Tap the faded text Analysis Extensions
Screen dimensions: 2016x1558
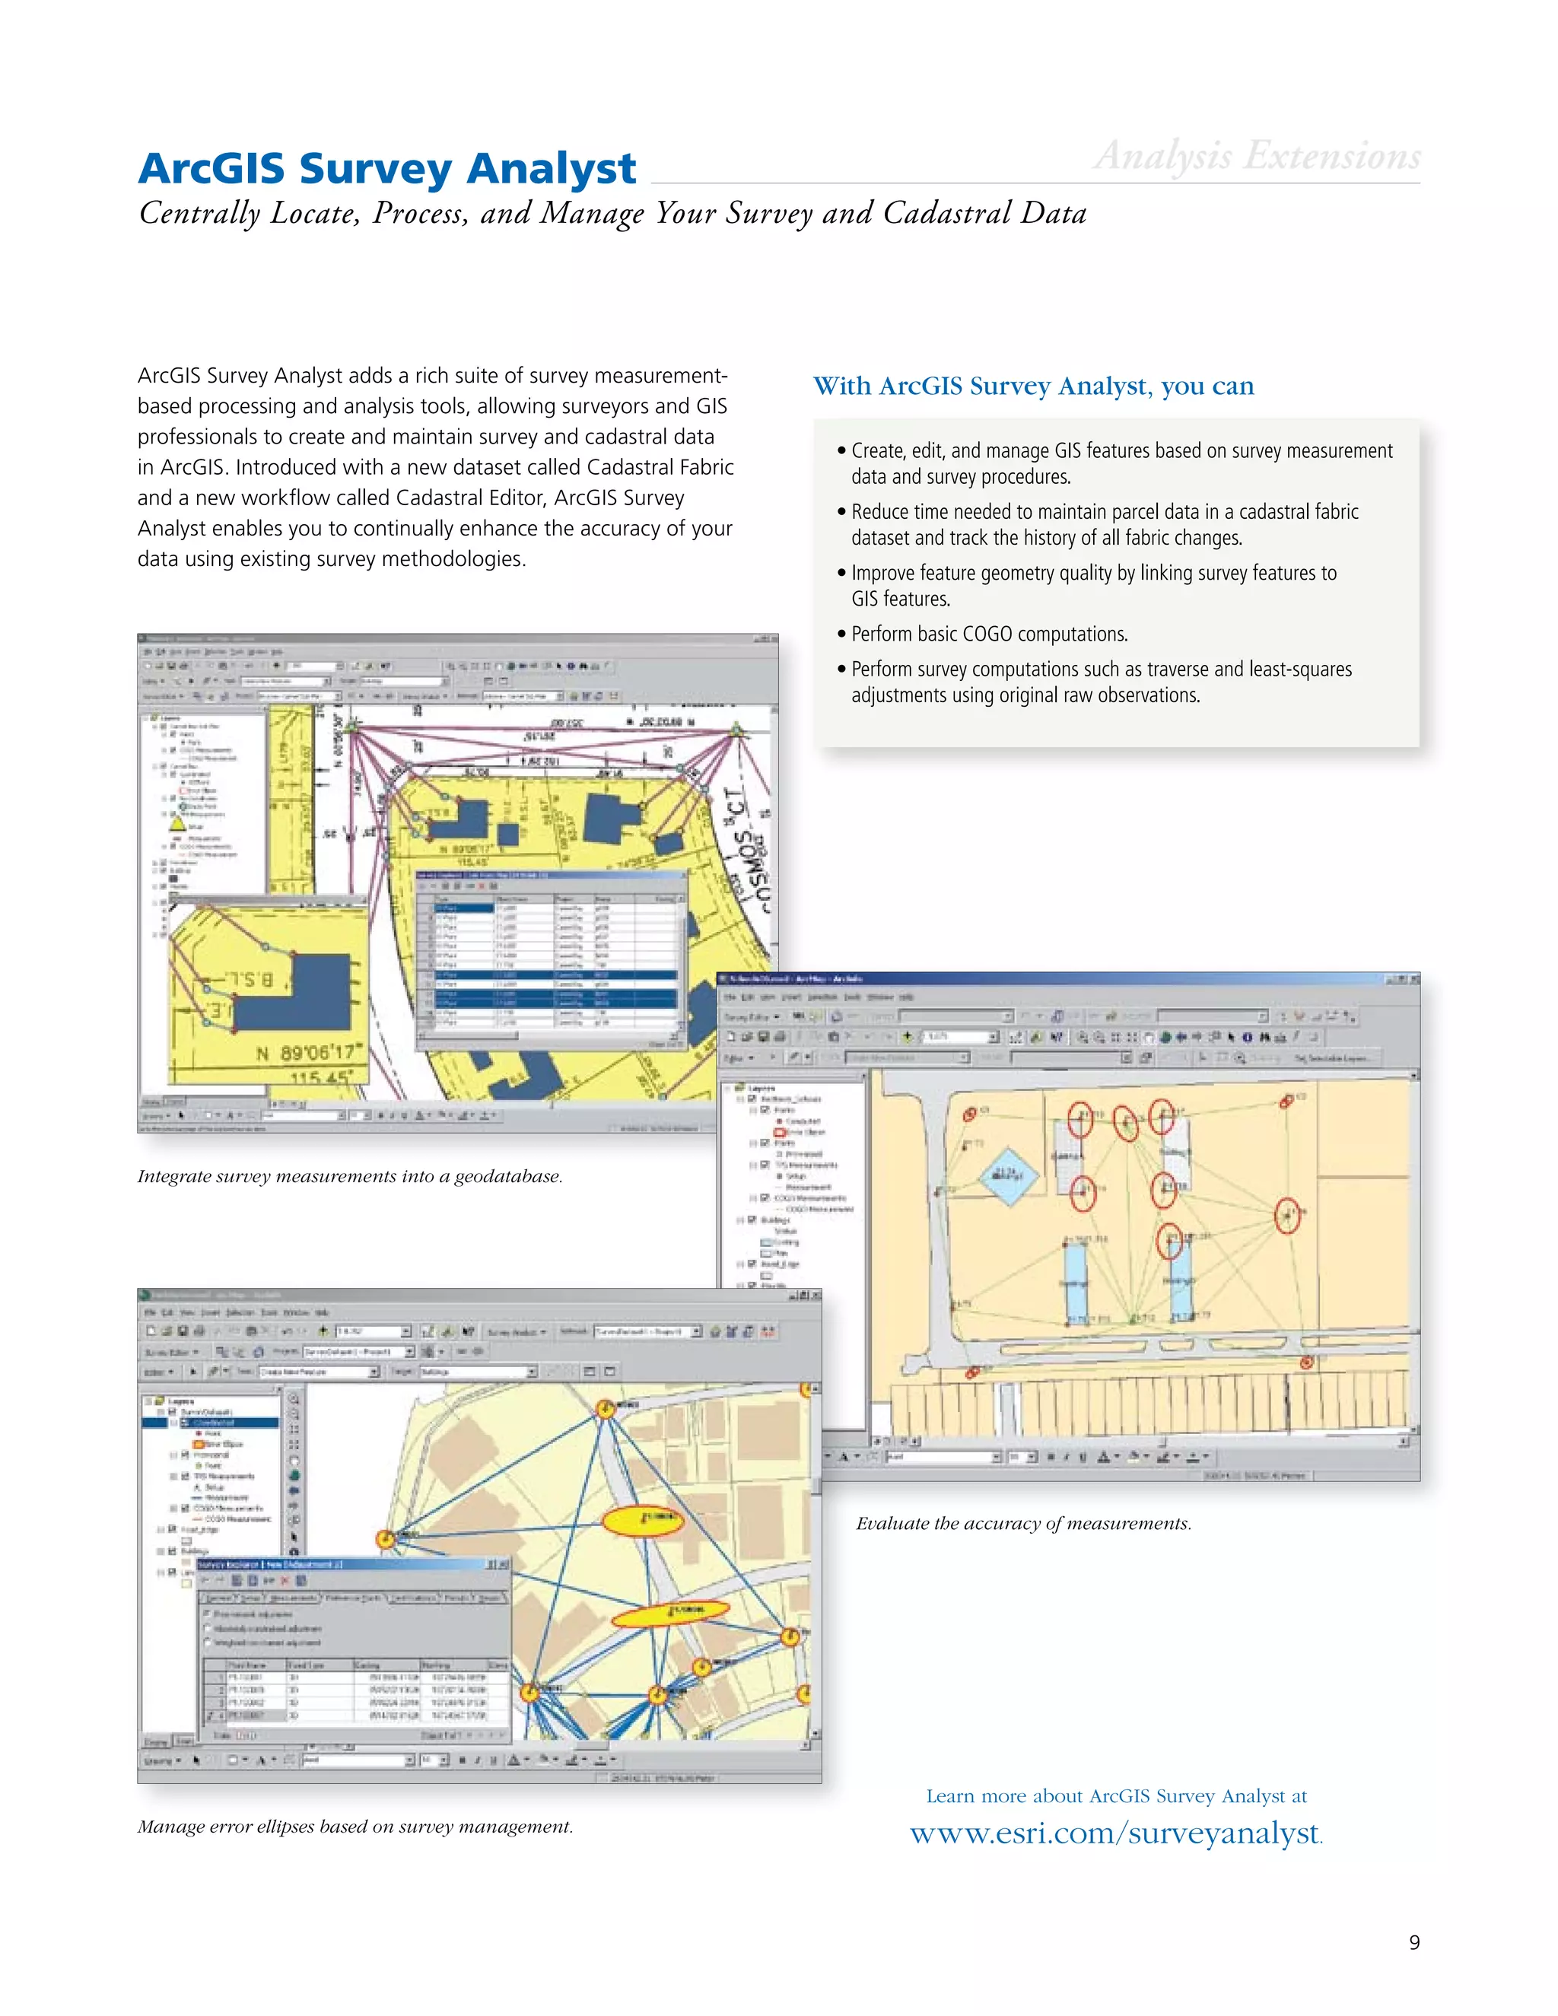point(1256,156)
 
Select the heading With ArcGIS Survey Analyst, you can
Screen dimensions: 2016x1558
point(1033,386)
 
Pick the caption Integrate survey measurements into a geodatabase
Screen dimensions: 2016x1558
point(350,1176)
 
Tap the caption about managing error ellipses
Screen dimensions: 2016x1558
point(355,1826)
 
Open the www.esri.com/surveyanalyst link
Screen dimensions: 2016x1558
point(1115,1833)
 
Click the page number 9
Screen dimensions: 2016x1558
point(1414,1943)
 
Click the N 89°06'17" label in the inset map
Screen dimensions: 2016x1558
point(310,1053)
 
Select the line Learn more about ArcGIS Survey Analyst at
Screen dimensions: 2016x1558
point(1116,1795)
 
